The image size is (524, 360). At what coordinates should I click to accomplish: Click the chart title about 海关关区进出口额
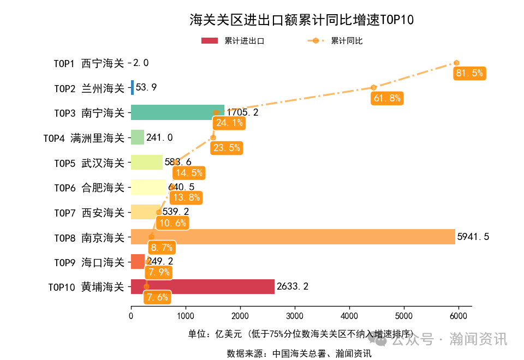pyautogui.click(x=301, y=20)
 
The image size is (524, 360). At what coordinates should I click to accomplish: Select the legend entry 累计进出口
pyautogui.click(x=234, y=41)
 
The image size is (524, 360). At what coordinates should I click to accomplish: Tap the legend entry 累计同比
pyautogui.click(x=336, y=41)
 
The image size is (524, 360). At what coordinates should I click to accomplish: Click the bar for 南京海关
pyautogui.click(x=293, y=237)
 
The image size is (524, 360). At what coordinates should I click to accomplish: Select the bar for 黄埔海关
pyautogui.click(x=203, y=287)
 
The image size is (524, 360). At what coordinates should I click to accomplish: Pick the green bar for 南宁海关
pyautogui.click(x=177, y=112)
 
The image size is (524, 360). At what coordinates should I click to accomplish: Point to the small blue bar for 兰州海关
pyautogui.click(x=132, y=87)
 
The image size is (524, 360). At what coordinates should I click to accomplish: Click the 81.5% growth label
pyautogui.click(x=469, y=74)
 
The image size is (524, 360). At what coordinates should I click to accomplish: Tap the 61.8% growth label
pyautogui.click(x=387, y=98)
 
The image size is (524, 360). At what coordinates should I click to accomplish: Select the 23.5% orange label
pyautogui.click(x=226, y=147)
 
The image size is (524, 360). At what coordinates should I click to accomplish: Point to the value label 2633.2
pyautogui.click(x=293, y=287)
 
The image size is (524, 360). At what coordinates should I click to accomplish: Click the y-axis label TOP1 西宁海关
pyautogui.click(x=89, y=63)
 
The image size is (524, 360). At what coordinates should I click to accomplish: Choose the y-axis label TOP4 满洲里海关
pyautogui.click(x=84, y=138)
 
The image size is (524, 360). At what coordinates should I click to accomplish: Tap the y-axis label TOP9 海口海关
pyautogui.click(x=89, y=262)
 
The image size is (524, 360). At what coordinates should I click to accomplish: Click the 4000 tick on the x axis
pyautogui.click(x=349, y=315)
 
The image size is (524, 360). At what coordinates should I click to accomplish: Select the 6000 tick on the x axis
pyautogui.click(x=458, y=315)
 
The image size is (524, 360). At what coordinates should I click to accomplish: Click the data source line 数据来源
pyautogui.click(x=299, y=353)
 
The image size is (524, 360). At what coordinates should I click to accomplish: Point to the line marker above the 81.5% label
pyautogui.click(x=456, y=63)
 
